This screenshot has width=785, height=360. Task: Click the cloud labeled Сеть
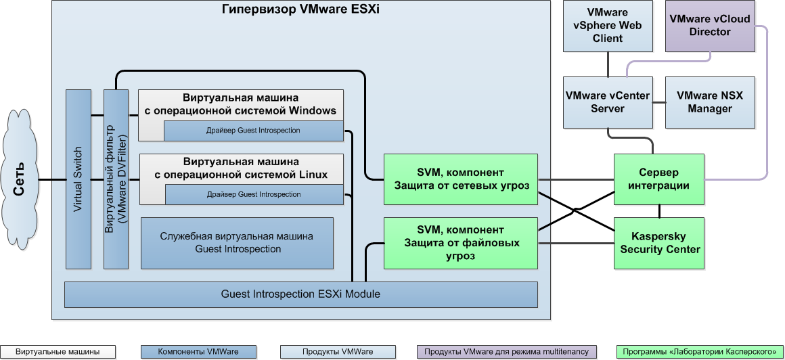[20, 179]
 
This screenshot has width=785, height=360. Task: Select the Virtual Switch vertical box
[78, 179]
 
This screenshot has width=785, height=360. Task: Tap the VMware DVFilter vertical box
[116, 179]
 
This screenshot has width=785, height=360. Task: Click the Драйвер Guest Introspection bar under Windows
[254, 131]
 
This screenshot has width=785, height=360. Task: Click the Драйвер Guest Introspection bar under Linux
[254, 195]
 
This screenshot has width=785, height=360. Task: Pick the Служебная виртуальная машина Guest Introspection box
[237, 242]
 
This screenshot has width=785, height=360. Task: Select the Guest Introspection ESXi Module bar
[300, 294]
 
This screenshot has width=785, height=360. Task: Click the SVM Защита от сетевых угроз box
[460, 179]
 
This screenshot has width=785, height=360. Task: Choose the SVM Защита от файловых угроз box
[460, 243]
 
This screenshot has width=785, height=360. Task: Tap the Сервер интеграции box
[659, 179]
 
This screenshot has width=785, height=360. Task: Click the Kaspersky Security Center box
[659, 243]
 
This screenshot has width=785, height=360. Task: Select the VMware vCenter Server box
[608, 102]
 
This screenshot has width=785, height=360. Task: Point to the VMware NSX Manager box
[709, 102]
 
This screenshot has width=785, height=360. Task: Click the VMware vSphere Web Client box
[608, 26]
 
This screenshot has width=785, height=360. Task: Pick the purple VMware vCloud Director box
[709, 26]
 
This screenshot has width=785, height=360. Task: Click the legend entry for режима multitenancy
[507, 352]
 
